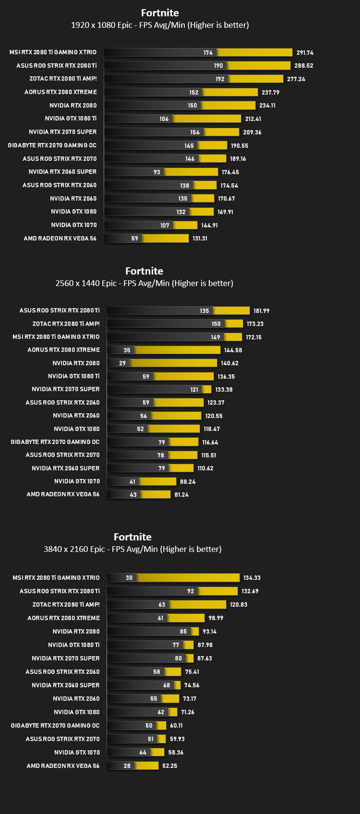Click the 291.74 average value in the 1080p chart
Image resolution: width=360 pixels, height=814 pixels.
[305, 53]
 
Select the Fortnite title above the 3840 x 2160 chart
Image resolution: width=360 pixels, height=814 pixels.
[132, 537]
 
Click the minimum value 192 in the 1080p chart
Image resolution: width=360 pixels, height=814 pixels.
[220, 79]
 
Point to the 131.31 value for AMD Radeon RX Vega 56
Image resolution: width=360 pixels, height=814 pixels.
[200, 239]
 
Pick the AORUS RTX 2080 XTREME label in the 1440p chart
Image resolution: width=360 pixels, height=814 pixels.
[63, 349]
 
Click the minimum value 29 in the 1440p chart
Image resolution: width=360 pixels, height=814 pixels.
[122, 363]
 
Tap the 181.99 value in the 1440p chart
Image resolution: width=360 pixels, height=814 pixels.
[262, 311]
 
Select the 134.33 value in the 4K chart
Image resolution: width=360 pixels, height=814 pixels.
[252, 578]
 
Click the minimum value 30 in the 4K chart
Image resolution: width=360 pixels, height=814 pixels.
[129, 578]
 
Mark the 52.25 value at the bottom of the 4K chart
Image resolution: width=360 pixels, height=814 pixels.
[169, 766]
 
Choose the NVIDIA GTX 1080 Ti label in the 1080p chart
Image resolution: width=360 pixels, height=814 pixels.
[71, 119]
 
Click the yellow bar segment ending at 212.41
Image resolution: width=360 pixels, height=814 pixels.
[207, 119]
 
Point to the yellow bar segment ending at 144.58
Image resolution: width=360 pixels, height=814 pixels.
[177, 350]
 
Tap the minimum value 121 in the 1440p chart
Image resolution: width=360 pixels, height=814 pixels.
[194, 390]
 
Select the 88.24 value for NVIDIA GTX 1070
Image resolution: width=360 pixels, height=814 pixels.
[188, 481]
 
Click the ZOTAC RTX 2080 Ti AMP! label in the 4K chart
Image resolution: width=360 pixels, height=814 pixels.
[66, 604]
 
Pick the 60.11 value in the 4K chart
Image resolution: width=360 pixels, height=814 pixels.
[176, 725]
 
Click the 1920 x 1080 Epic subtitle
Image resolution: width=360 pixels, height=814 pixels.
[160, 25]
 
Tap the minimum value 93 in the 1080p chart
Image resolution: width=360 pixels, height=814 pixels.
[157, 172]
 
